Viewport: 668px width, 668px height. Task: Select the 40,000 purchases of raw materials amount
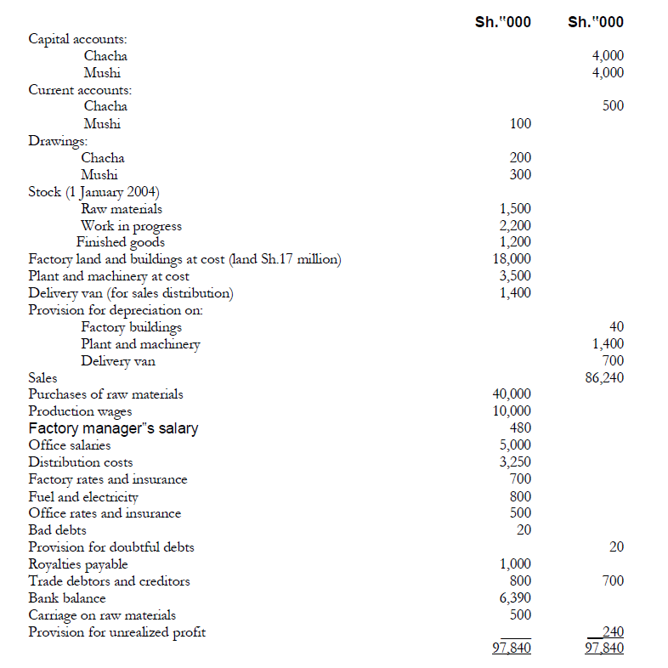[512, 394]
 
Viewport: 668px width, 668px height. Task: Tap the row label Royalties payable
[78, 564]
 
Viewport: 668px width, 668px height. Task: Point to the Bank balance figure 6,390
[515, 598]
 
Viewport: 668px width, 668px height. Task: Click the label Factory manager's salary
[113, 428]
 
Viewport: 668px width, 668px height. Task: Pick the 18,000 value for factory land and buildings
[512, 259]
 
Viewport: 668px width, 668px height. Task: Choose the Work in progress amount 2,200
[515, 225]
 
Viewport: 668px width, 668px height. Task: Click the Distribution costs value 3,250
[515, 462]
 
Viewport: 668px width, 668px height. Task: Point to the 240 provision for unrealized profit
[612, 631]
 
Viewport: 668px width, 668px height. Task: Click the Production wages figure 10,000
[512, 411]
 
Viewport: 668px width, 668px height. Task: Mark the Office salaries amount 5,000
[515, 445]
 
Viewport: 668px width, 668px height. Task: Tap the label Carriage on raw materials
[102, 615]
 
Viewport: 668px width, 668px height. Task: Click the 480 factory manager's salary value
[520, 428]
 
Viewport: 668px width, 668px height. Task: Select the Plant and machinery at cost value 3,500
[515, 276]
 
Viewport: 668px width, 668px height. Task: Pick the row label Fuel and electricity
[83, 496]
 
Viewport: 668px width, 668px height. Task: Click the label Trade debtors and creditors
[109, 581]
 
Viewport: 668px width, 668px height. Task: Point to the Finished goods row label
[121, 242]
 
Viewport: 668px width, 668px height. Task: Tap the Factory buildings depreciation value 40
[616, 327]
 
